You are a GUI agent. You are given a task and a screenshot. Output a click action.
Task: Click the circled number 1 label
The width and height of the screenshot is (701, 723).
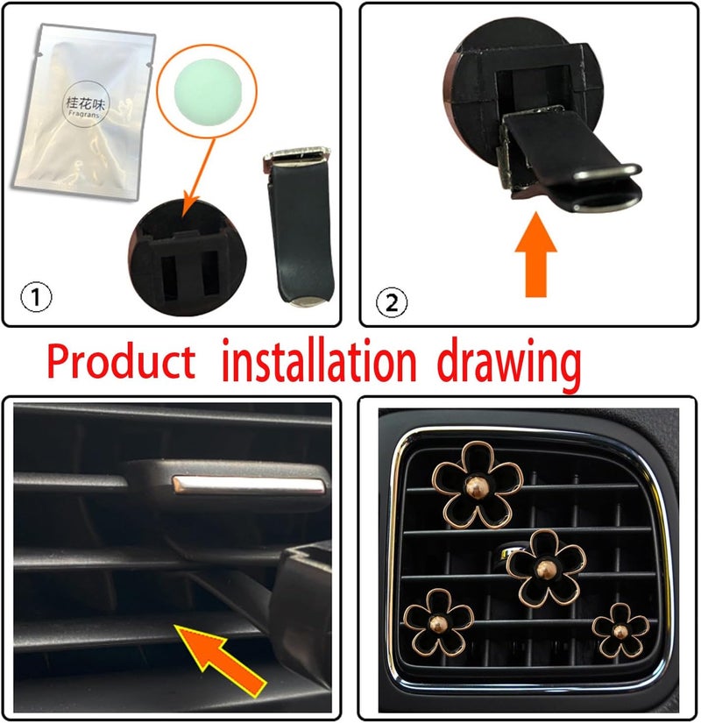[35, 298]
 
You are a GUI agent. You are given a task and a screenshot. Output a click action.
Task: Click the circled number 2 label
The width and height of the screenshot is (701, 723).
[392, 302]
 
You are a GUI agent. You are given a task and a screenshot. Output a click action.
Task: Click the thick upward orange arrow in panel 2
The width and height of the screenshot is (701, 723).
[535, 259]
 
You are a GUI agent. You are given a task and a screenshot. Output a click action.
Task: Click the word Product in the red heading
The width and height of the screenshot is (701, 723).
[121, 362]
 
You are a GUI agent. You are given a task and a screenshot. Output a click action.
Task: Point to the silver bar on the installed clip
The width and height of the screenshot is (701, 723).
[249, 484]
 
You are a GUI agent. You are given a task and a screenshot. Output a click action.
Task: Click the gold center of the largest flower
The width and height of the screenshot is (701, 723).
[478, 484]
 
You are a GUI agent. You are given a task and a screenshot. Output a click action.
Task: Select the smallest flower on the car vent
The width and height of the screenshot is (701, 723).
[620, 630]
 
